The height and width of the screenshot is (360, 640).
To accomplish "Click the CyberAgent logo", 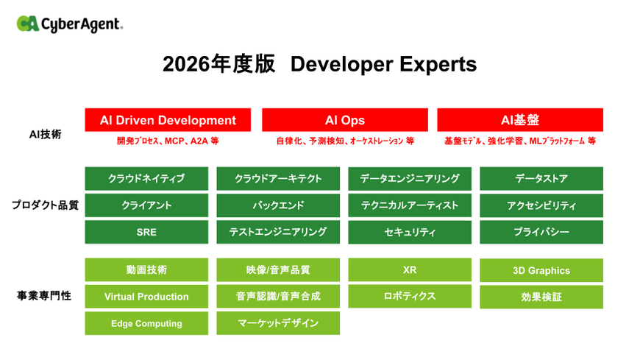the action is [69, 24].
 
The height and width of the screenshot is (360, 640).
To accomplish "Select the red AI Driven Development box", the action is [168, 120].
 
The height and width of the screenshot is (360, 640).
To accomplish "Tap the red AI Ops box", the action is [345, 120].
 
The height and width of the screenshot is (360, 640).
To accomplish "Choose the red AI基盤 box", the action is [520, 120].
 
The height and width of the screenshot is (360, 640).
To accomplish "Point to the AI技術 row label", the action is [46, 135].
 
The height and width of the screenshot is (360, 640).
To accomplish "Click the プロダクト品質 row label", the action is [45, 205].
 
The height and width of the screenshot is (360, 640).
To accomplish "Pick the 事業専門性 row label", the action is [44, 295].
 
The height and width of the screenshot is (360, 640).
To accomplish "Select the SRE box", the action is [146, 232].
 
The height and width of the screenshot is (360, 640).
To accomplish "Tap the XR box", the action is [410, 269].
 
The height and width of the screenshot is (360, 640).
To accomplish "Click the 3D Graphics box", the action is [541, 270].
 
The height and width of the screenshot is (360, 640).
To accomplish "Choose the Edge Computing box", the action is [146, 323].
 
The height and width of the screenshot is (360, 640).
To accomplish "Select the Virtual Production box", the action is [146, 296].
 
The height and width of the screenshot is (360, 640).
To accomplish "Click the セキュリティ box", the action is [410, 232].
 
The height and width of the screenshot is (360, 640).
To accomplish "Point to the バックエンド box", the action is [278, 205].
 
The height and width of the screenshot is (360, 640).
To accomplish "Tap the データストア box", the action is [541, 179].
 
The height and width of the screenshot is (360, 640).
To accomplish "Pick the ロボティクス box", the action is [410, 296].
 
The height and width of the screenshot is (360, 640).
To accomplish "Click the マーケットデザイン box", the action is [278, 323].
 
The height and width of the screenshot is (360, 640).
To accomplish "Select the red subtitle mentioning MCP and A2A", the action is [168, 141].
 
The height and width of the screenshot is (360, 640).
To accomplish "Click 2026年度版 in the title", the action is [218, 64].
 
